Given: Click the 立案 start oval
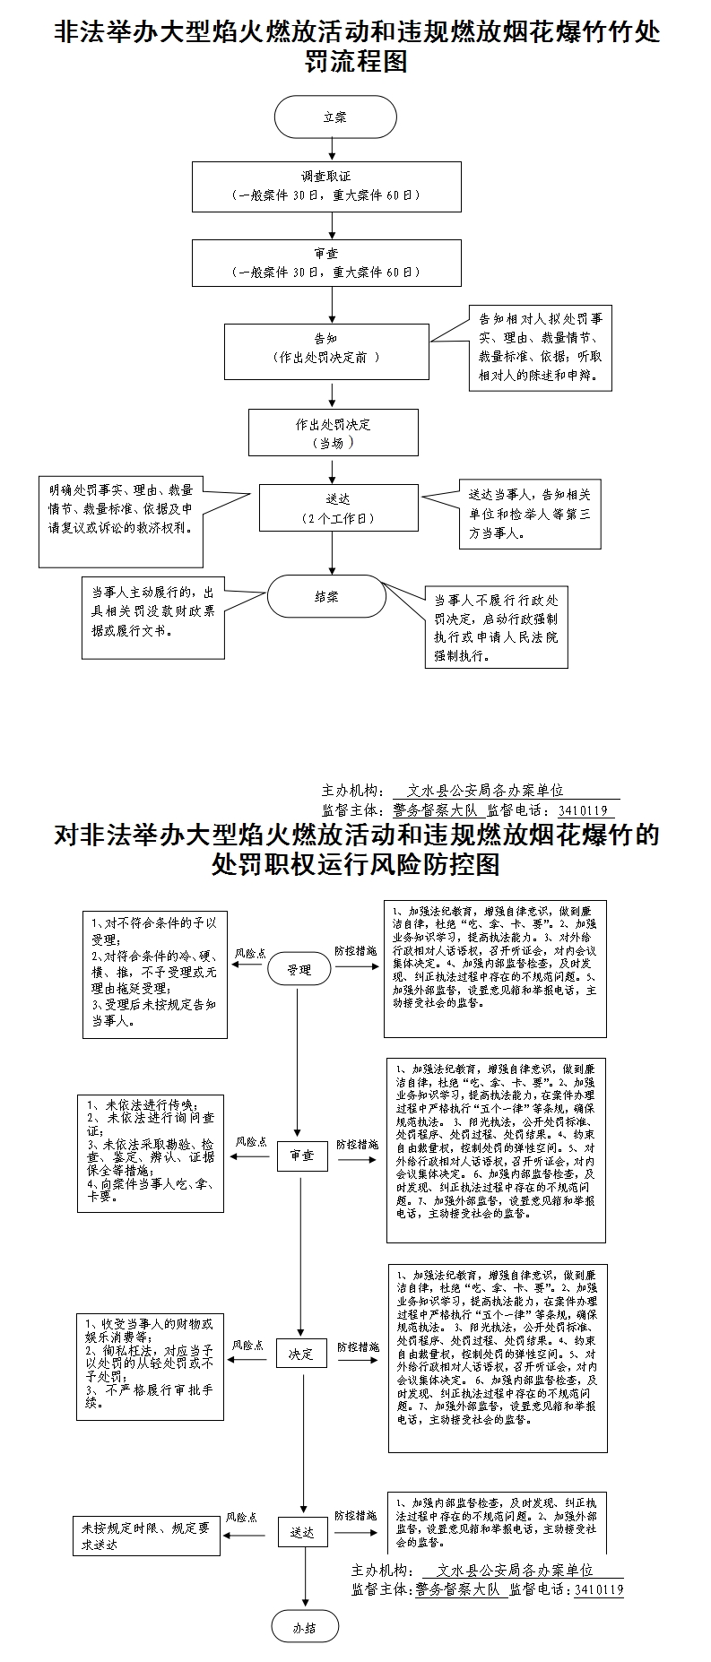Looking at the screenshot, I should [334, 117].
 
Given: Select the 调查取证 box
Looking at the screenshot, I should [326, 186].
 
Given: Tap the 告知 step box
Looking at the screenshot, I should [325, 351].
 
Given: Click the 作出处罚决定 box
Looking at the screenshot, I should [333, 433].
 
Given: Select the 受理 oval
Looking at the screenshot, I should [299, 969].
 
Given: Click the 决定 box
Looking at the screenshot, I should [301, 1355].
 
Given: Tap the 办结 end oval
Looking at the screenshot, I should [305, 1628].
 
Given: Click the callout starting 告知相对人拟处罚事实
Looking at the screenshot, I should [540, 349].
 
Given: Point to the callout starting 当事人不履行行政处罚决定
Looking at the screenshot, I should [496, 628].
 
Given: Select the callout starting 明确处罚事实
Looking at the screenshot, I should [121, 521].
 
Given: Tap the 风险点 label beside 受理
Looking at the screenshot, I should [249, 954].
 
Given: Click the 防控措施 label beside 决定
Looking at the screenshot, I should [358, 1346].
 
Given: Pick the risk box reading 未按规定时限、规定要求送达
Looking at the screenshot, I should [145, 1536].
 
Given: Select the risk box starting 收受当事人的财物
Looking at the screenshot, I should [150, 1366].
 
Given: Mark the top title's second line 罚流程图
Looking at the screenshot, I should [356, 61].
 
